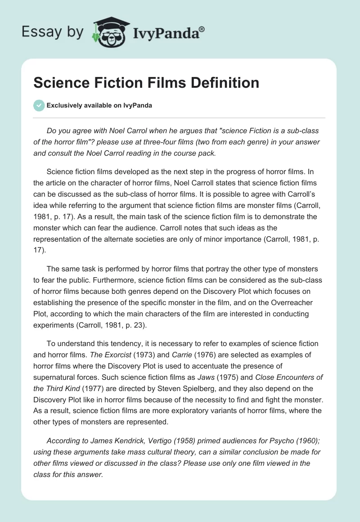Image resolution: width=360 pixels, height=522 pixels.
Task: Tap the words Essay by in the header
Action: coord(53,32)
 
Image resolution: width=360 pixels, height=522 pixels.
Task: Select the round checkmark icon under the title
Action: coord(39,105)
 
